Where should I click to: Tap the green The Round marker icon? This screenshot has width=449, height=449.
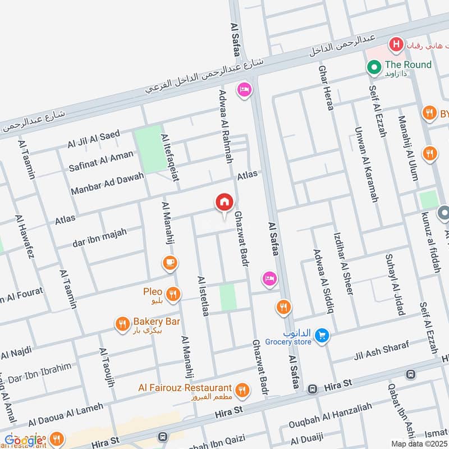pos(373,68)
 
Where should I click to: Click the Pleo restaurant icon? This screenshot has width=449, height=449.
pos(173,293)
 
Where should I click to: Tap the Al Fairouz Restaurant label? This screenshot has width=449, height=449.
pos(185,388)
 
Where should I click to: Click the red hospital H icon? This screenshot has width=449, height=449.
pos(396,43)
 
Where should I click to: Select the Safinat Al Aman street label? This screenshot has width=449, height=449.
pos(100,161)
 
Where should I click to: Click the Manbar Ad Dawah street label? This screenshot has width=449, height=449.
pos(107,184)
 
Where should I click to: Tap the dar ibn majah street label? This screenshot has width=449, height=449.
pos(99,237)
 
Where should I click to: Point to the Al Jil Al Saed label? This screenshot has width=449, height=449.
pos(93,140)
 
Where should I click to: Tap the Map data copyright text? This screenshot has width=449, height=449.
pos(419,444)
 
